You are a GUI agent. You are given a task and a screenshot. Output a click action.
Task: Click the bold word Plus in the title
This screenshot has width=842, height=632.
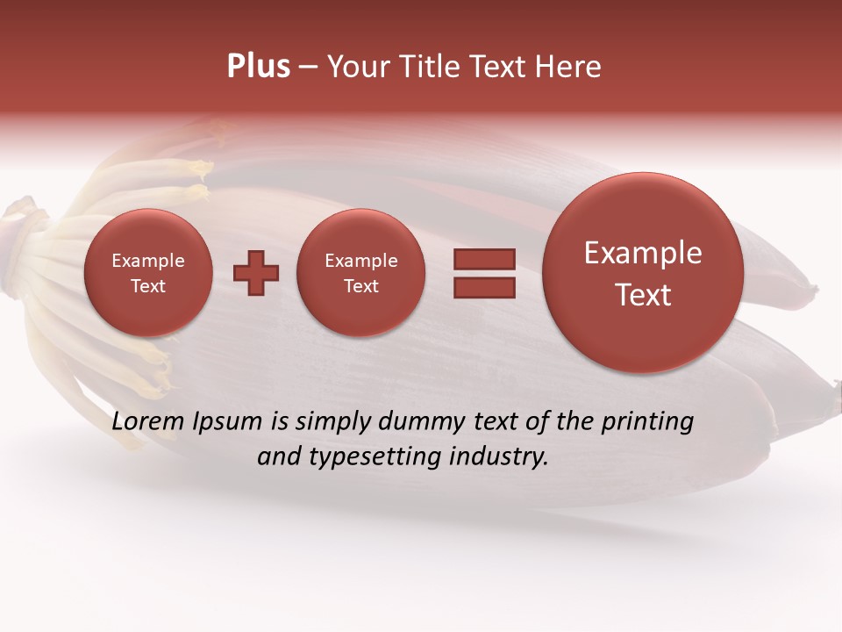(258, 67)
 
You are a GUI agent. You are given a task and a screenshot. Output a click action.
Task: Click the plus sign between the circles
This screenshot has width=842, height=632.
(256, 272)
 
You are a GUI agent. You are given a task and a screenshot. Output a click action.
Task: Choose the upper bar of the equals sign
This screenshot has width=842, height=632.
(483, 259)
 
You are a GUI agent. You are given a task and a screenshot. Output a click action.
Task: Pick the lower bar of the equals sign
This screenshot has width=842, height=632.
(483, 287)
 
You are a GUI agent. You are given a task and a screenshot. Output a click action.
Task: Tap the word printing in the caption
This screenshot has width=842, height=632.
(647, 422)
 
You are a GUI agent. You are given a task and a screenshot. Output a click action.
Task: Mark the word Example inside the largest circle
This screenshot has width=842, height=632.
(643, 253)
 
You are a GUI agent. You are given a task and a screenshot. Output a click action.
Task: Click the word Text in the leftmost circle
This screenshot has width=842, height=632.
(148, 286)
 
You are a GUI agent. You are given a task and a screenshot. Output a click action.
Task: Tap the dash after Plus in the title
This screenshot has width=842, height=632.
(308, 67)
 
